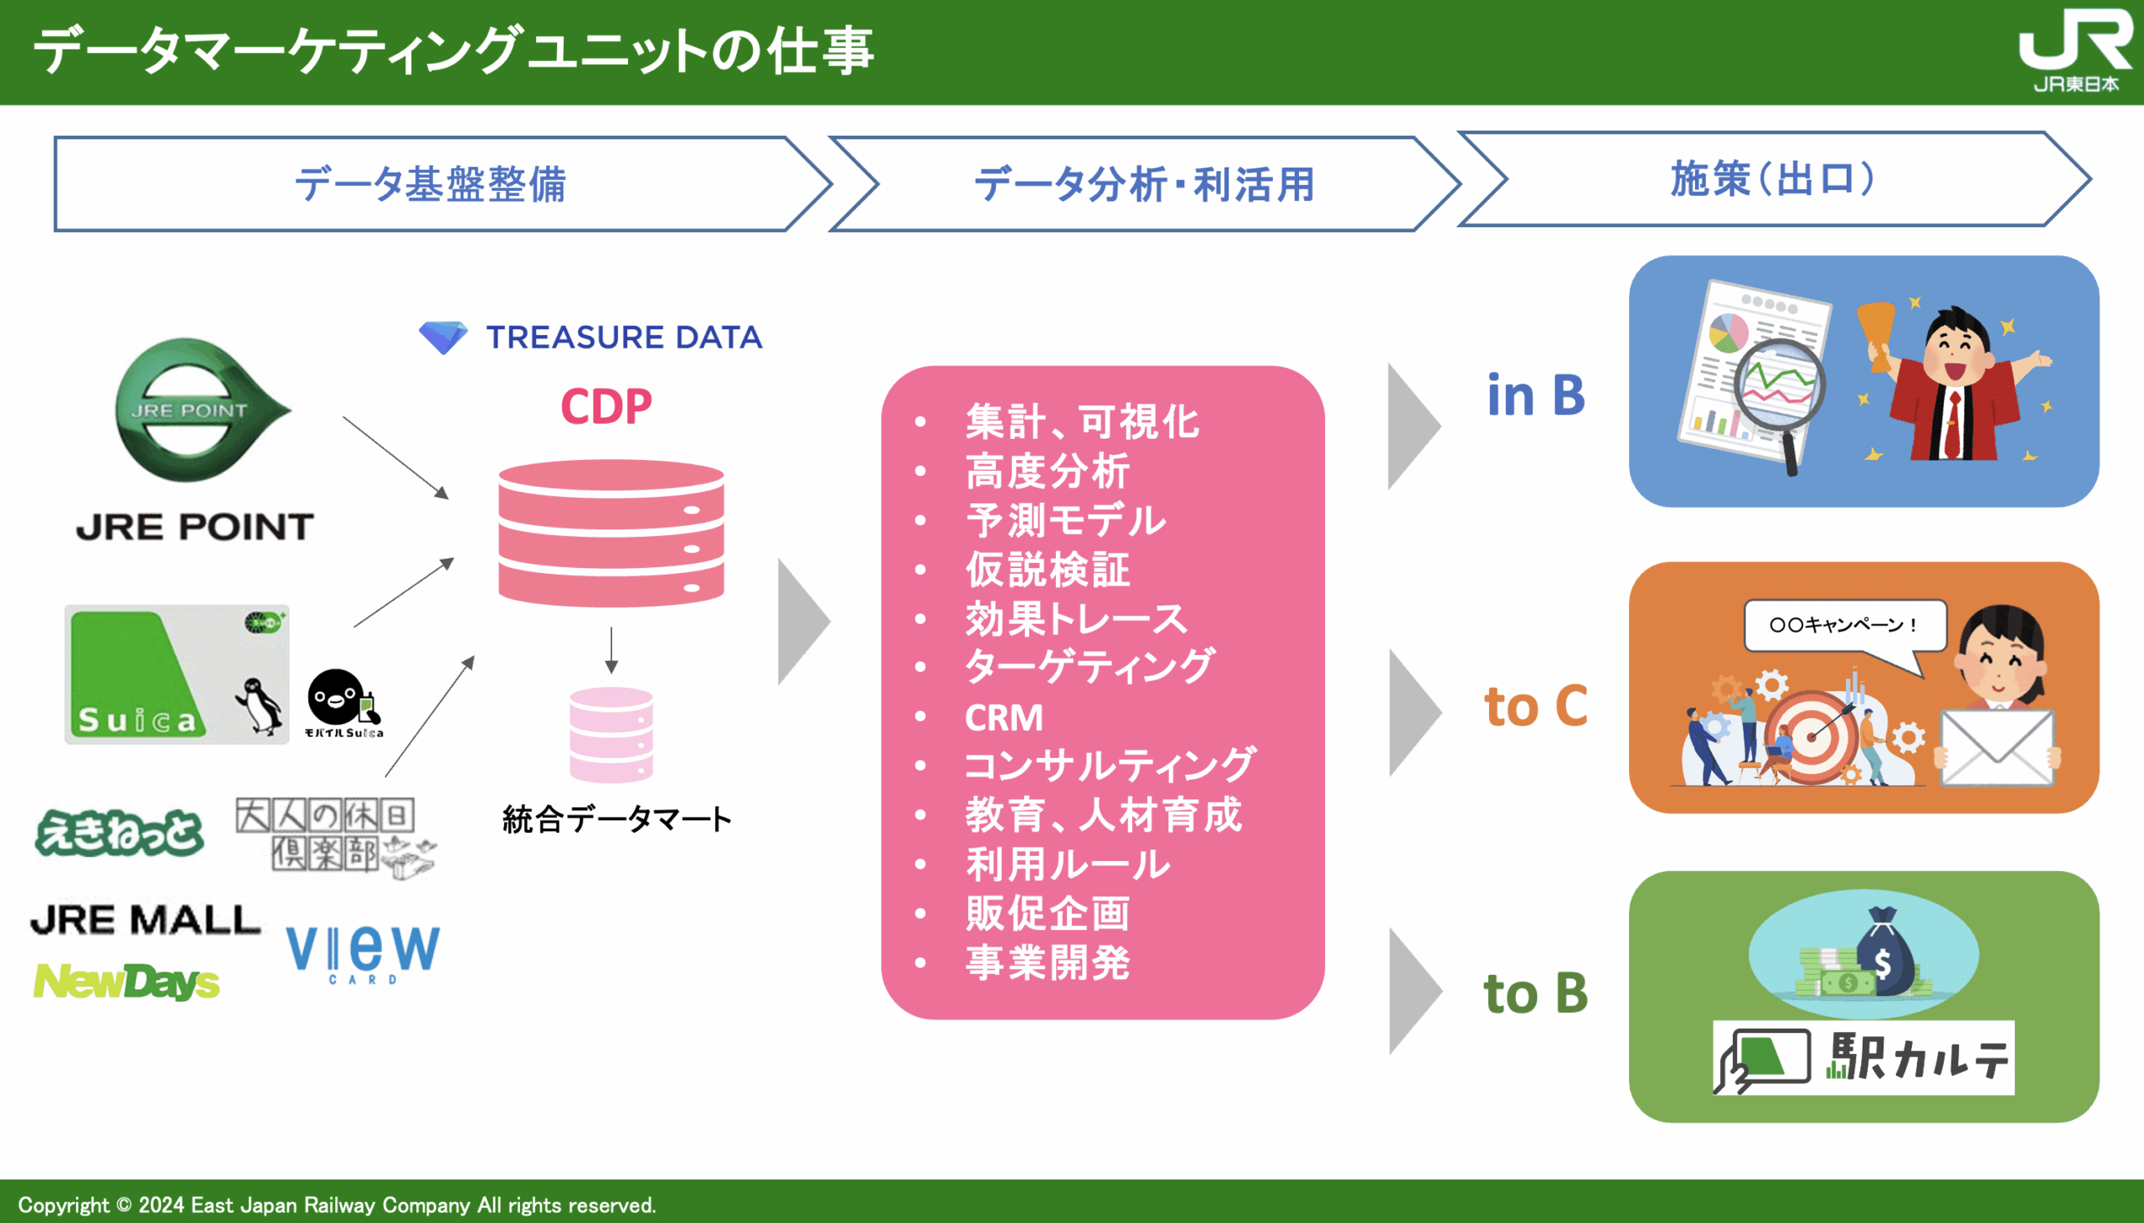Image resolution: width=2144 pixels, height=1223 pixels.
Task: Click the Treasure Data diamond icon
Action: [x=442, y=338]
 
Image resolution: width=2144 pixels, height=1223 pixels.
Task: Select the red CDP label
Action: [x=606, y=406]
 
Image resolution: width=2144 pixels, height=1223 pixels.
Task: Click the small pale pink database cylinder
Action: [x=611, y=734]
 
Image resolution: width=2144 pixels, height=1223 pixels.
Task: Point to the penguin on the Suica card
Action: [x=259, y=704]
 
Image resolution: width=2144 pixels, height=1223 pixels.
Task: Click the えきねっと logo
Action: [x=119, y=833]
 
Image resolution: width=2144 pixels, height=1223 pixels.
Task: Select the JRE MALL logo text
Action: [x=145, y=920]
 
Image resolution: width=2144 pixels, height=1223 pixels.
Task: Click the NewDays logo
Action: [x=126, y=981]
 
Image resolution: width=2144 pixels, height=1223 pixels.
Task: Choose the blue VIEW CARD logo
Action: [x=363, y=952]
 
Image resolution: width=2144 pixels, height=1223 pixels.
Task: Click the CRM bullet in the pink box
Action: [x=1003, y=717]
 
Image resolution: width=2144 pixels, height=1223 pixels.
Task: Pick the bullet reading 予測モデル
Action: [x=1065, y=520]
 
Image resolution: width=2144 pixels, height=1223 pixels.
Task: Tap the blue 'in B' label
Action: [x=1535, y=395]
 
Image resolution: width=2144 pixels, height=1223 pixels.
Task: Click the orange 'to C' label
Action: [x=1535, y=705]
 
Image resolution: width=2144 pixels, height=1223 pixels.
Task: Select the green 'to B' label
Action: [x=1535, y=993]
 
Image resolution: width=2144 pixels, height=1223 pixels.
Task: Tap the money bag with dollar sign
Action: [x=1884, y=954]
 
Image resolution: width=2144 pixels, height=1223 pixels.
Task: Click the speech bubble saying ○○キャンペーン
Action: [x=1844, y=626]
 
